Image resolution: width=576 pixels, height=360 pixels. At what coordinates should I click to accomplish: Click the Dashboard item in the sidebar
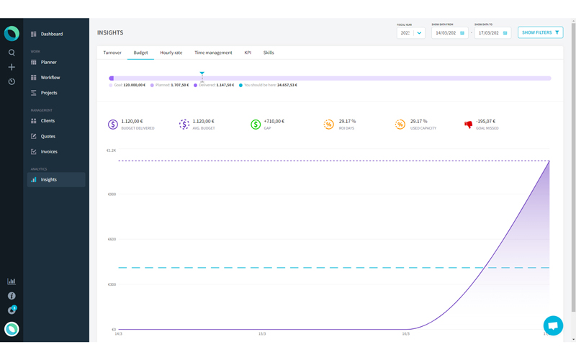(51, 34)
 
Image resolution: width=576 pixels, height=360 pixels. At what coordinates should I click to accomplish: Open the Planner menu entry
(48, 63)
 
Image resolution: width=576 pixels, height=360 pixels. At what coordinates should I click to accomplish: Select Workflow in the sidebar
(50, 78)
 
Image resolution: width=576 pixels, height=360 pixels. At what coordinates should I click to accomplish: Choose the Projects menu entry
(49, 93)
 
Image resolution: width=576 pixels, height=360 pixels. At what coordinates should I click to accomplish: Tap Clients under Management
(48, 121)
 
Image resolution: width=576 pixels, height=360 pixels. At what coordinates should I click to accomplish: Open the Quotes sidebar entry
(48, 136)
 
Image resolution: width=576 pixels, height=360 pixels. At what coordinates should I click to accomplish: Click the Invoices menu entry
(49, 152)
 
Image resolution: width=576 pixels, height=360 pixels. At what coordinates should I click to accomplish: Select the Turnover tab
(112, 53)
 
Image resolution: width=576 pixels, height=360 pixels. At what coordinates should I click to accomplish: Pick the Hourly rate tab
(171, 53)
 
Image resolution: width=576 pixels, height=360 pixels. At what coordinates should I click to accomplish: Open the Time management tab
(213, 53)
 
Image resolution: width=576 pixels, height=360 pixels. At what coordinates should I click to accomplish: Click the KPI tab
(248, 53)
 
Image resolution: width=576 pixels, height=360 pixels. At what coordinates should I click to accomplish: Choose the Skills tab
(269, 53)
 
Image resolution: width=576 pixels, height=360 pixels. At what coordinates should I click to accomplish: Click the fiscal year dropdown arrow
(419, 33)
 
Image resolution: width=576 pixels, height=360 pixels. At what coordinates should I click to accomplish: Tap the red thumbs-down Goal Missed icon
(469, 125)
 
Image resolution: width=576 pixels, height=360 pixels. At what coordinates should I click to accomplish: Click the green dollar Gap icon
(256, 125)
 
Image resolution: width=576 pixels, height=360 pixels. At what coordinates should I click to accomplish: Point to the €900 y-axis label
(112, 194)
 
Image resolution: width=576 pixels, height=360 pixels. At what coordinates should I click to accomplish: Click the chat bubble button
(553, 325)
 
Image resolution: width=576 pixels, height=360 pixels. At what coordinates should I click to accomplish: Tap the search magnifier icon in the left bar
(12, 53)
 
